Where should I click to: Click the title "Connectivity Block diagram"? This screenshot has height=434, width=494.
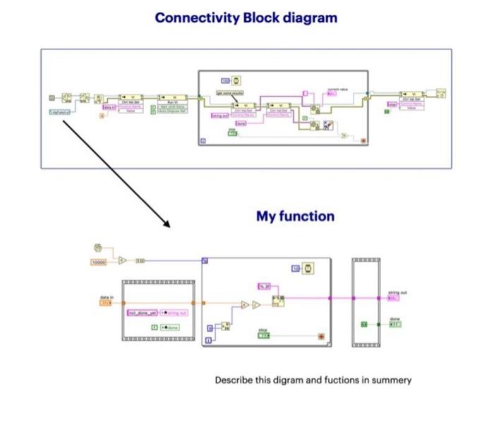point(246,18)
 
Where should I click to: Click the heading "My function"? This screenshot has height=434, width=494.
point(295,216)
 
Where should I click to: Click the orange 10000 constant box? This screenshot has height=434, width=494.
point(99,262)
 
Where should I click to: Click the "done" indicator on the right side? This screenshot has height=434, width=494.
point(395,324)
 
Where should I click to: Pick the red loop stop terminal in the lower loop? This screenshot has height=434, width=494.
point(322,336)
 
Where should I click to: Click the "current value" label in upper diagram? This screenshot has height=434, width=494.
point(338,89)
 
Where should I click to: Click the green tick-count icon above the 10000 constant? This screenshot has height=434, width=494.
point(97,247)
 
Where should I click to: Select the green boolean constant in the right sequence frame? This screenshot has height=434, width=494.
point(363,324)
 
